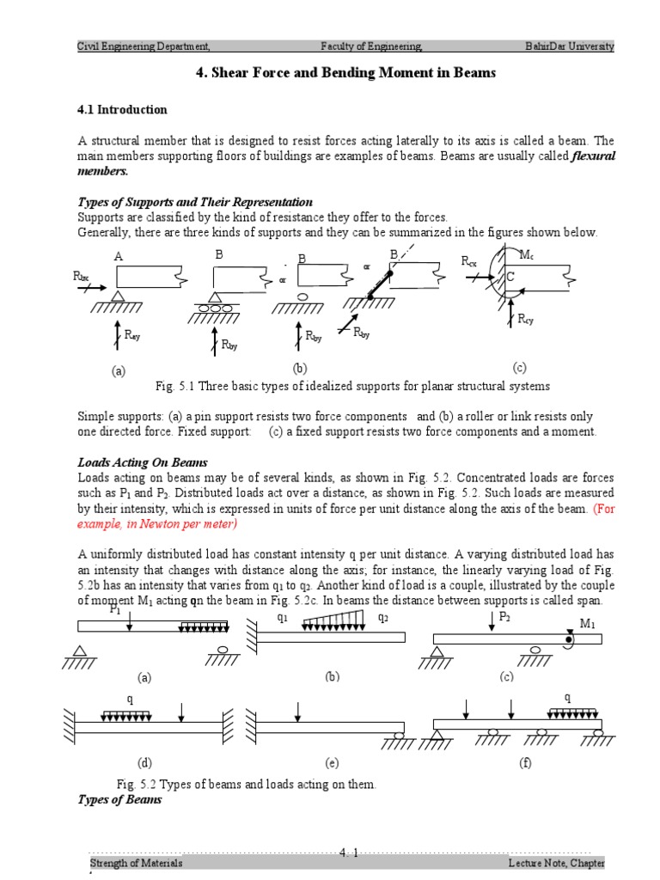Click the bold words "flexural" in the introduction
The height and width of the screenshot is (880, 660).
point(594,156)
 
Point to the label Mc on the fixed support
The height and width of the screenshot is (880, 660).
point(527,256)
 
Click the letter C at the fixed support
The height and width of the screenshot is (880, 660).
point(510,277)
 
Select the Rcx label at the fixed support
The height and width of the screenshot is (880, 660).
point(469,260)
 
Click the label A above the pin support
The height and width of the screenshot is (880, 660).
point(118,257)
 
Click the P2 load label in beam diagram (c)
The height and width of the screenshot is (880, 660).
point(504,617)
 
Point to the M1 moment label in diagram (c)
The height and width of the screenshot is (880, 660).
point(588,624)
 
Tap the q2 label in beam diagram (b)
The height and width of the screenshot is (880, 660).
point(384,618)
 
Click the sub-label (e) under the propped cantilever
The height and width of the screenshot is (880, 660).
point(333,762)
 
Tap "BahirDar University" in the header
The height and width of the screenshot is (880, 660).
point(570,46)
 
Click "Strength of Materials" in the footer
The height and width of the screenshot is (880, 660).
point(137,862)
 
